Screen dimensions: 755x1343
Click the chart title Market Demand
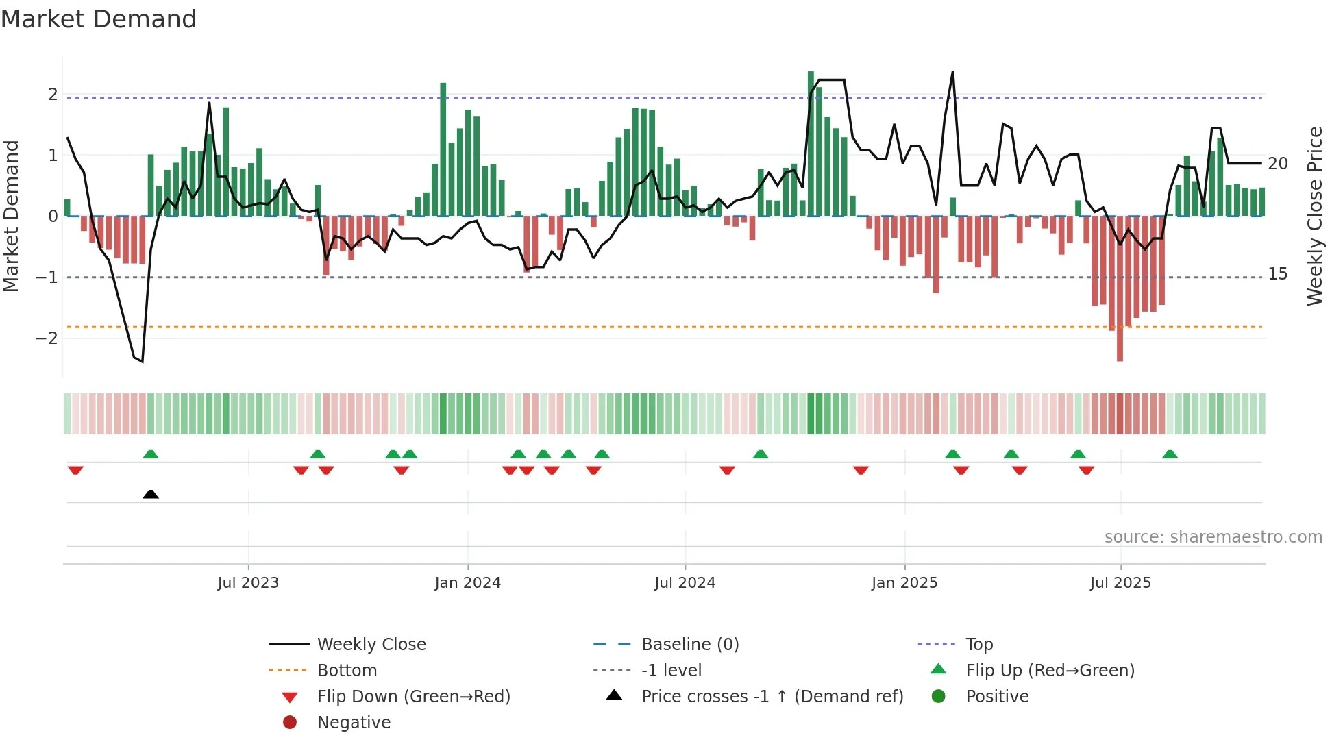point(99,19)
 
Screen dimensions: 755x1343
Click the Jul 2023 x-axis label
point(248,583)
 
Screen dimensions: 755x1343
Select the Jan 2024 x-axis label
point(468,583)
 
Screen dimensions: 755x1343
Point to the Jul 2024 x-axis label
point(685,583)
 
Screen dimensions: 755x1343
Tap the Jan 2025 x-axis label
point(904,583)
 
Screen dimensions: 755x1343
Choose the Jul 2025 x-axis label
point(1120,583)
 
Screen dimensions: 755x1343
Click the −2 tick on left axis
point(47,338)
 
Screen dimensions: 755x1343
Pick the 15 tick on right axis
point(1278,274)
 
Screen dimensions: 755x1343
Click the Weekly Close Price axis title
point(1314,216)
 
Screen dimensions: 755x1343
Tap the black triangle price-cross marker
point(151,494)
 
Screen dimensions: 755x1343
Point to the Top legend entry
point(978,645)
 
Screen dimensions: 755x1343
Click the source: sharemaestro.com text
point(1213,537)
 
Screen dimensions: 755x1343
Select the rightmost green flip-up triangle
point(1170,454)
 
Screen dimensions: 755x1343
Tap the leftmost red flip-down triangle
point(75,470)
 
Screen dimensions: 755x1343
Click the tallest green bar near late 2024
point(811,144)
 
